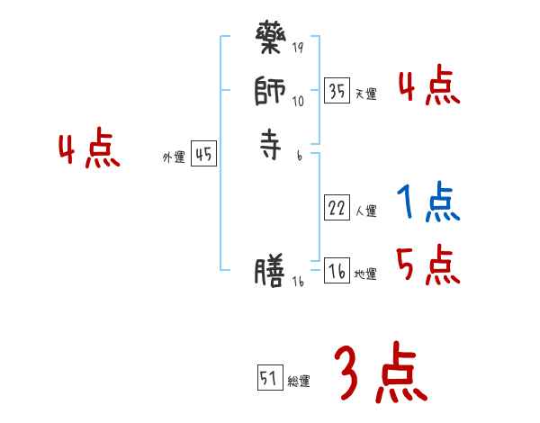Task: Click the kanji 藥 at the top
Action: (271, 41)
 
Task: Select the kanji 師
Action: (270, 92)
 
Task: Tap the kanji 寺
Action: (270, 145)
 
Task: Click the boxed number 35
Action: (337, 91)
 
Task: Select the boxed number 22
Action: (337, 209)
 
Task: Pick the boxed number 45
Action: (203, 155)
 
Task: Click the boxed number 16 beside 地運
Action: (337, 272)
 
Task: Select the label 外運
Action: (174, 157)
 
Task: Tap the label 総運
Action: (299, 382)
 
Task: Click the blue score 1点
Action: (428, 203)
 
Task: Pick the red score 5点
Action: (428, 265)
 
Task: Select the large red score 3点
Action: (379, 373)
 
